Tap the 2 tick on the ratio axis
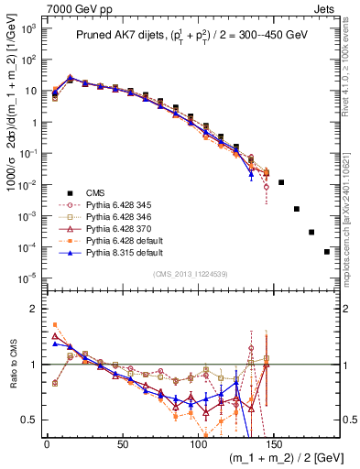35,309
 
